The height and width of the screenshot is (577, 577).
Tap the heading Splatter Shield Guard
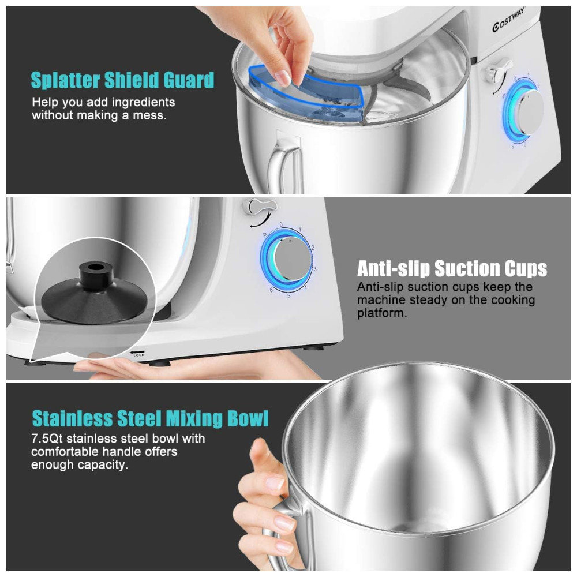coord(122,80)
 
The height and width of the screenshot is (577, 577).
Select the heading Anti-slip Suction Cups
coord(452,269)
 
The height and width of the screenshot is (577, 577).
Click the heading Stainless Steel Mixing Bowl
coord(150,418)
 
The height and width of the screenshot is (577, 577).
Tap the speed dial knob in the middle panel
coord(293,259)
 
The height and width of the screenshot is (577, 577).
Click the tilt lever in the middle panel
coord(260,207)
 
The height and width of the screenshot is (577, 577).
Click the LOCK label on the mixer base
coord(138,355)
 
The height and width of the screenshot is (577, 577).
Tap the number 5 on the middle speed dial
coord(289,295)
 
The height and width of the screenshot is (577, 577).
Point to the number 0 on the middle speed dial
coord(281,224)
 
